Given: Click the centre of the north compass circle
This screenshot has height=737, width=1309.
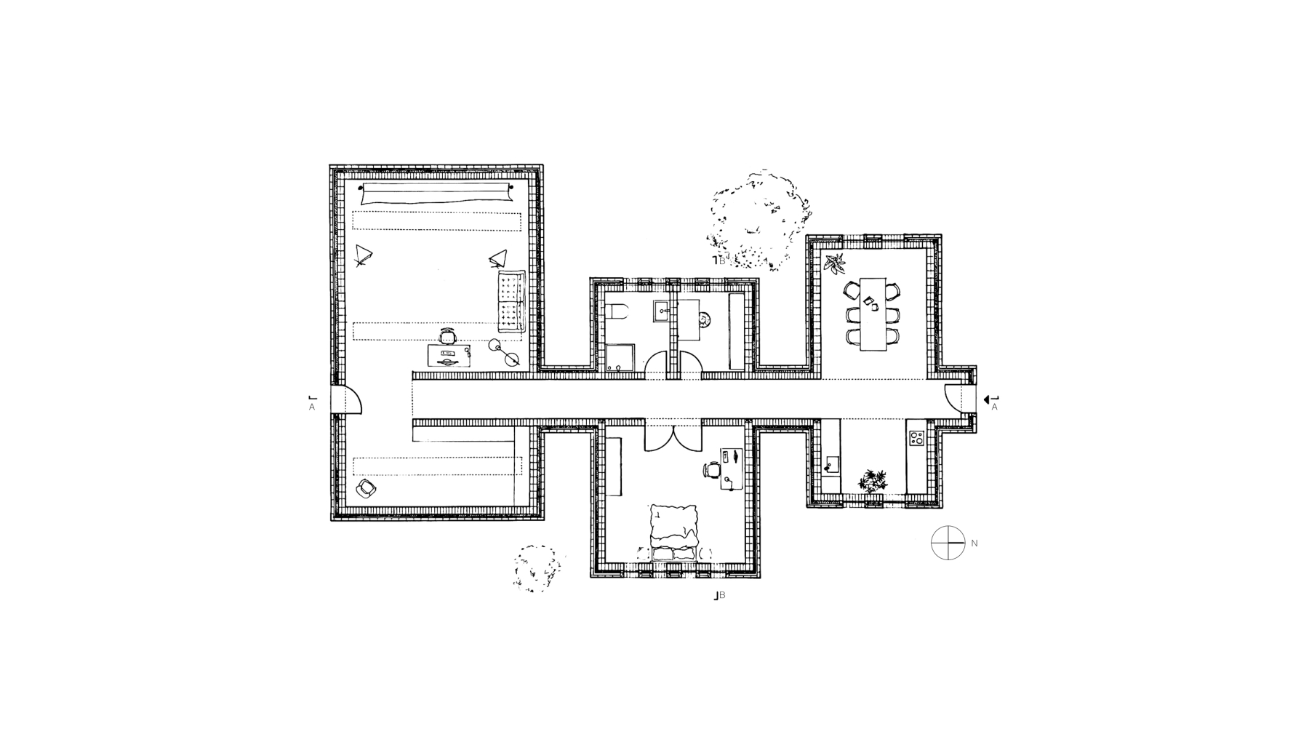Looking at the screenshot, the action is point(948,543).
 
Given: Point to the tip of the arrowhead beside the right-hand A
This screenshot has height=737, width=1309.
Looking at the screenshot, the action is point(983,399).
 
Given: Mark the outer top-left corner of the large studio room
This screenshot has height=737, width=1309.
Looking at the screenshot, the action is point(330,165).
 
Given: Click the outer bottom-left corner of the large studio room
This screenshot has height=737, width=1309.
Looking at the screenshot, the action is point(330,521).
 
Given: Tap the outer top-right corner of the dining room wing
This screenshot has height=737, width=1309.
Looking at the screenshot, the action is point(941,235).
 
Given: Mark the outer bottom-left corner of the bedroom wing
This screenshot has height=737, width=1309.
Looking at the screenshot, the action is point(591,578).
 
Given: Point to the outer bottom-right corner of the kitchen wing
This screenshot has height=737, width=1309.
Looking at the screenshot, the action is point(941,507).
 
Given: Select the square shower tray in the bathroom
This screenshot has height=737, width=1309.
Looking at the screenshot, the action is point(620,358).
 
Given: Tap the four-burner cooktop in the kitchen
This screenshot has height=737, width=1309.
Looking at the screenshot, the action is point(916,438).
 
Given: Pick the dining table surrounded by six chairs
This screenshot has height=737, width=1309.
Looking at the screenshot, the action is point(873,314).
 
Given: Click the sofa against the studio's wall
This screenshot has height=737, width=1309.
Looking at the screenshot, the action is point(512,303).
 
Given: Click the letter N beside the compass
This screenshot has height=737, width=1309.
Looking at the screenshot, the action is point(974,543).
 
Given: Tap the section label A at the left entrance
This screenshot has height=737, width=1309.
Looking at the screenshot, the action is point(312,407).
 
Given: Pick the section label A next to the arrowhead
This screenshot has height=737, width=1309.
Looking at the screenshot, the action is point(995,407).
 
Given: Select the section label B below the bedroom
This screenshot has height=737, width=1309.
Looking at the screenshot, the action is point(722,596).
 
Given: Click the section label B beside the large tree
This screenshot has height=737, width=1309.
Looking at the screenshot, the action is point(722,259).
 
